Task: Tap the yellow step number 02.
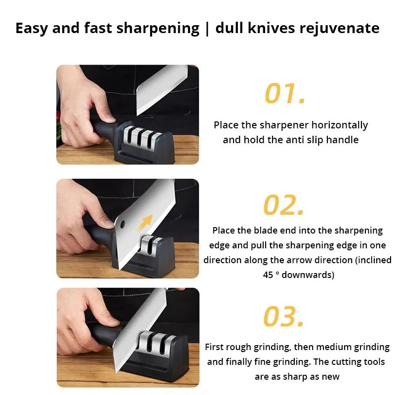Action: [283, 205]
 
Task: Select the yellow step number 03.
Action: [283, 317]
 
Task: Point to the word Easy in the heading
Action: [32, 28]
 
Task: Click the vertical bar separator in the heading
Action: [206, 28]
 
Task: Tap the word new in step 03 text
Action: [330, 377]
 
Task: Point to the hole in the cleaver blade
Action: [121, 225]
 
